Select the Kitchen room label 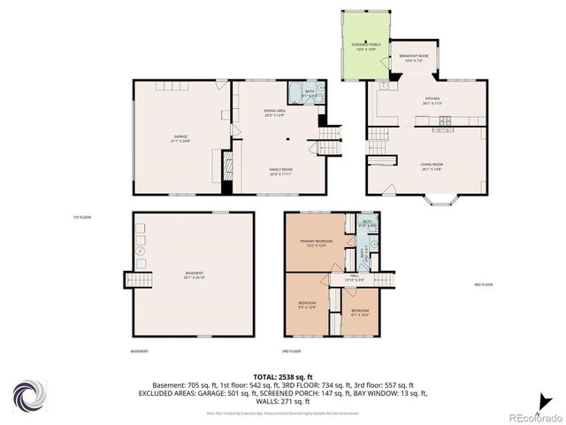coord(432,100)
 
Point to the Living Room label coord(432,166)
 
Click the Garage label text coord(180,138)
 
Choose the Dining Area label coord(274,112)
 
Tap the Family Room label coord(281,170)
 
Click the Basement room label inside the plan coord(194,274)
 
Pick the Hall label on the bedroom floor coord(353,278)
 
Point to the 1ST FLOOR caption coord(82,217)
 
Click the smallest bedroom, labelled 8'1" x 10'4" coord(360,313)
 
